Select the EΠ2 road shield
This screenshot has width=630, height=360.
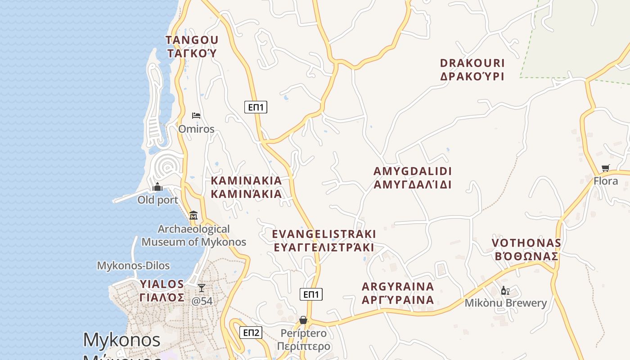coord(250,333)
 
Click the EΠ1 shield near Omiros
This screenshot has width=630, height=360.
coord(256,107)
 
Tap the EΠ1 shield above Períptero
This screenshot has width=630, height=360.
coord(311,294)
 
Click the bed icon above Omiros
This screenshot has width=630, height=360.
coord(196,116)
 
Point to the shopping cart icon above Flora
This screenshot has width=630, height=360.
coord(605,168)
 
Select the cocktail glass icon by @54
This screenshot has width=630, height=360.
coord(202,288)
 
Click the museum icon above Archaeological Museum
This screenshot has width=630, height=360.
coord(193,215)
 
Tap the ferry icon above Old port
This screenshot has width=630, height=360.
coord(157,186)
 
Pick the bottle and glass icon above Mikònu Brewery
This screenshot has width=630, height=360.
coord(505,291)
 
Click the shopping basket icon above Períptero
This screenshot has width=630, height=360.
coord(303,320)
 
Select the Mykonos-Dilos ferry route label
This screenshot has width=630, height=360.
coord(133,265)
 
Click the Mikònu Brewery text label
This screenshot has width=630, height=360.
coord(505,303)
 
